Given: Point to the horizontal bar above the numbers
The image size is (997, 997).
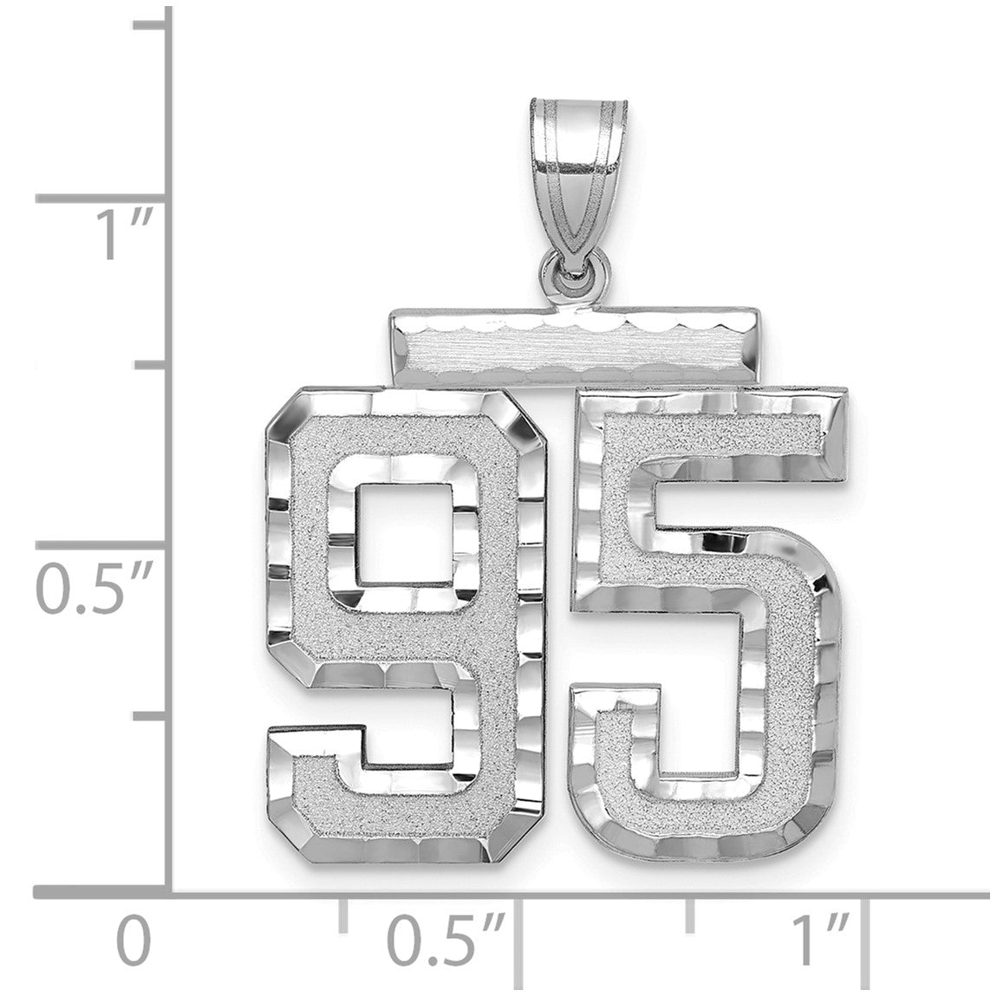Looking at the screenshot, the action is tap(575, 347).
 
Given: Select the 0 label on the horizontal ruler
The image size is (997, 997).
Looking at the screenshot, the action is tap(134, 941).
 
